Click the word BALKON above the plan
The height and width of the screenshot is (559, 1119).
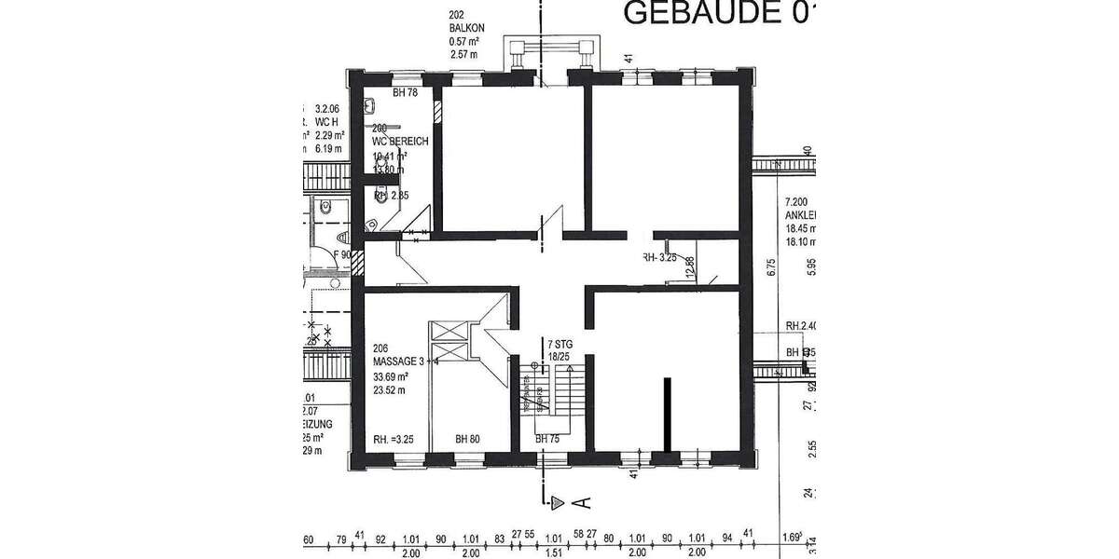pos(465,29)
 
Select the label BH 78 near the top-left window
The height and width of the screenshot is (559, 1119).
pos(405,93)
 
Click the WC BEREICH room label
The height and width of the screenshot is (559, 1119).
pos(400,142)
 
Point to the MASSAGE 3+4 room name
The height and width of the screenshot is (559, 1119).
pos(405,361)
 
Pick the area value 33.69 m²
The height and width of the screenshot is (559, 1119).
pos(392,377)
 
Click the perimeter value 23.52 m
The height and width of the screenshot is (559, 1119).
pos(391,391)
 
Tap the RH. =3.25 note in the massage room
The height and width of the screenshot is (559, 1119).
pos(392,439)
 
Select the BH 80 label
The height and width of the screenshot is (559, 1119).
pos(468,439)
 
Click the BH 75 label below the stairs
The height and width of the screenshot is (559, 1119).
pos(547,439)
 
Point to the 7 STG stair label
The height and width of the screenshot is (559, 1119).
pos(559,345)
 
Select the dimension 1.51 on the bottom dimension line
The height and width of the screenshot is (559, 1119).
pos(554,552)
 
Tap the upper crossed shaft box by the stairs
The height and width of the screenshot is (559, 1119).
pos(444,330)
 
